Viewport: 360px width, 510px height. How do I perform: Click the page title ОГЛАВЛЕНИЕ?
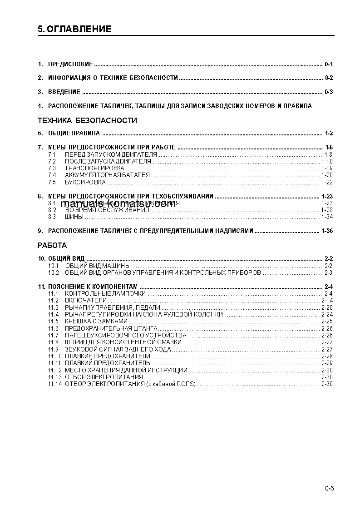[x=79, y=30]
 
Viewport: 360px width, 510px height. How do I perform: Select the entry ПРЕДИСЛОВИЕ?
[x=70, y=64]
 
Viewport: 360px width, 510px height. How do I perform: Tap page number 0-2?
[x=329, y=78]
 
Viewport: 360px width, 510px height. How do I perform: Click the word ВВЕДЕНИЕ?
[x=64, y=92]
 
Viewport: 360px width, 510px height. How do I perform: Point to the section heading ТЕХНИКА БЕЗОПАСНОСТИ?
[x=87, y=121]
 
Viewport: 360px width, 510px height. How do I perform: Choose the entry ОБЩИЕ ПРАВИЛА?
[x=74, y=133]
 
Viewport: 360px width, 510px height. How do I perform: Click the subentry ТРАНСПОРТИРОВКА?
[x=88, y=168]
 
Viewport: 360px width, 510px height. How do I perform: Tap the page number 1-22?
[x=327, y=182]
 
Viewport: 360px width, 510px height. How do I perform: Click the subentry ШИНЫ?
[x=74, y=217]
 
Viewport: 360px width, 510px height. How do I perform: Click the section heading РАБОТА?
[x=52, y=246]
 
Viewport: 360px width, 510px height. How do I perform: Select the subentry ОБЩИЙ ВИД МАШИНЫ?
[x=98, y=265]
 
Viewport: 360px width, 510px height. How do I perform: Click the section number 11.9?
[x=54, y=349]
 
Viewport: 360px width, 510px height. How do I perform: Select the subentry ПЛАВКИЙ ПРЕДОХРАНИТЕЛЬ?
[x=107, y=363]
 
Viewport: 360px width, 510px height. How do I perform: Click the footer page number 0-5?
[x=329, y=489]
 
